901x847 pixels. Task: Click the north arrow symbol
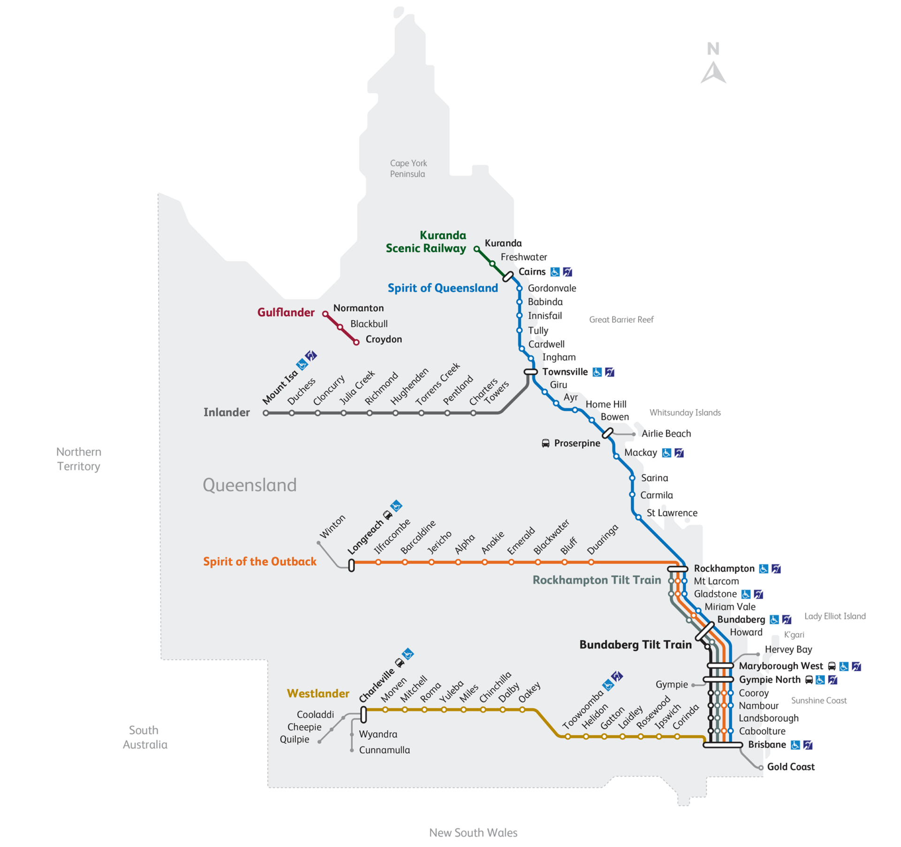[713, 73]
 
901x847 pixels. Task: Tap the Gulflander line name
[286, 312]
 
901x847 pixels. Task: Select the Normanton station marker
[325, 314]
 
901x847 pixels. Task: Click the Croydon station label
[383, 339]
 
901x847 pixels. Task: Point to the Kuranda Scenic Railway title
[426, 242]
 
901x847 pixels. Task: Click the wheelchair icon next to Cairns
[555, 272]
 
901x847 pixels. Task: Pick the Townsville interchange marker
[530, 372]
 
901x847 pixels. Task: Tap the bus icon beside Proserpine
[545, 443]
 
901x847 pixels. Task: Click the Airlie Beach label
[666, 433]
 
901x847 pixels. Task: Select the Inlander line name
[227, 412]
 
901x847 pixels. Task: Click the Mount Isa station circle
[266, 413]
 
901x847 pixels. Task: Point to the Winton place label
[332, 526]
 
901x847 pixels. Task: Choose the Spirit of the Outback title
[260, 561]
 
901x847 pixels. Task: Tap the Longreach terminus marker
[351, 566]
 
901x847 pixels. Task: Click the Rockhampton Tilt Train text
[596, 580]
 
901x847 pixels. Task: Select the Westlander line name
[318, 693]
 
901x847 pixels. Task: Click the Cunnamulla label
[384, 750]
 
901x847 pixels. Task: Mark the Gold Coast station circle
[761, 768]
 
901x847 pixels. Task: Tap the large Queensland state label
[249, 485]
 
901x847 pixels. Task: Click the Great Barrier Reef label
[621, 319]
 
